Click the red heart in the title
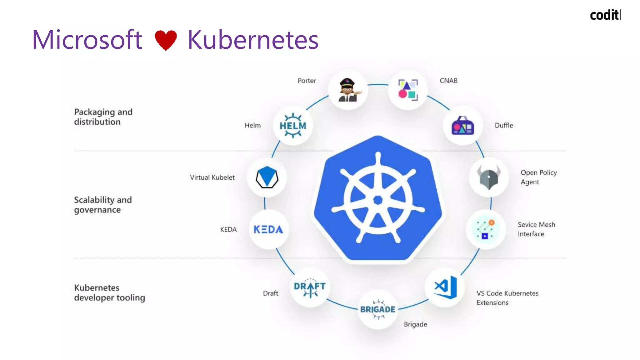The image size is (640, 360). (x=166, y=40)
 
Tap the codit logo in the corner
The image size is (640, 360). (x=605, y=15)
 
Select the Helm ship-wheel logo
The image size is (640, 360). (x=293, y=125)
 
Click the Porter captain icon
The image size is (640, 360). (x=348, y=90)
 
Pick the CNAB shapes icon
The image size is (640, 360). (x=408, y=90)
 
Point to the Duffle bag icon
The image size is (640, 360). (x=463, y=125)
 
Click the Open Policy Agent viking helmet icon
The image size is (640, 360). (x=489, y=177)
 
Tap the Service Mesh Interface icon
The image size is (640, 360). (x=485, y=229)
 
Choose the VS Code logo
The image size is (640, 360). (x=445, y=287)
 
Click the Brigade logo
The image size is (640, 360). (x=378, y=309)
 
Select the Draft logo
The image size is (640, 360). (x=310, y=287)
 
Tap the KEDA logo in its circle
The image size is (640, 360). (x=268, y=229)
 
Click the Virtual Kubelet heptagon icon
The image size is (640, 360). (x=267, y=177)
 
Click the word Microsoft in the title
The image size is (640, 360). (x=87, y=40)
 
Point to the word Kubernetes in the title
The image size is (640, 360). (x=253, y=40)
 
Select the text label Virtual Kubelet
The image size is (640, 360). (x=212, y=177)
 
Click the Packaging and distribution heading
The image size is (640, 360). (x=103, y=117)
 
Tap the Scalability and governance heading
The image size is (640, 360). (x=103, y=205)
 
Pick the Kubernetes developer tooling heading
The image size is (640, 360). (x=109, y=292)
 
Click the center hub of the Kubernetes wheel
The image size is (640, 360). (x=378, y=200)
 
